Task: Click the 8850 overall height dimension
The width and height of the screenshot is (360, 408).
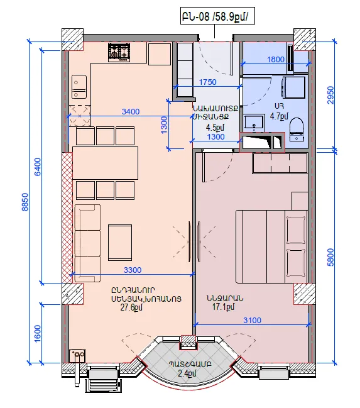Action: pyautogui.click(x=25, y=202)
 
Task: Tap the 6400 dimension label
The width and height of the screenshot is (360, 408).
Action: pyautogui.click(x=38, y=167)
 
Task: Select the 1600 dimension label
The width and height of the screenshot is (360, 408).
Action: pyautogui.click(x=38, y=334)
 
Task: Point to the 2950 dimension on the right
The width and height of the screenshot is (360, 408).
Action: pyautogui.click(x=330, y=95)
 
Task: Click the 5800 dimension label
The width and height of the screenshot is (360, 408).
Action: pyautogui.click(x=330, y=257)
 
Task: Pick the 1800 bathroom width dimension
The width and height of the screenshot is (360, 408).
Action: pyautogui.click(x=275, y=60)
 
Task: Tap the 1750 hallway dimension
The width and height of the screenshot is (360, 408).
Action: pyautogui.click(x=207, y=82)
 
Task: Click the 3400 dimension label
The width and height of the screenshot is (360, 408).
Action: pyautogui.click(x=131, y=112)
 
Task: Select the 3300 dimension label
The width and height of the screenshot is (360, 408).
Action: pyautogui.click(x=133, y=270)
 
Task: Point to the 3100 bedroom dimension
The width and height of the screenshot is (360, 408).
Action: pyautogui.click(x=252, y=321)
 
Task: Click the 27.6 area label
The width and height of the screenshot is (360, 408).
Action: pyautogui.click(x=131, y=307)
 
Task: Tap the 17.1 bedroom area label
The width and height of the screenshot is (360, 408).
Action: pyautogui.click(x=224, y=307)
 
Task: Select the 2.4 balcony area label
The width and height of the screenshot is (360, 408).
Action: pyautogui.click(x=187, y=373)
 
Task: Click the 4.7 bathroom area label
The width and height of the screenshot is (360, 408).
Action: pyautogui.click(x=279, y=116)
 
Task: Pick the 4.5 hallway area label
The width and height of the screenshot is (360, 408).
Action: pyautogui.click(x=215, y=128)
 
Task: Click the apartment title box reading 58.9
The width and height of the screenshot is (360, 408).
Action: pyautogui.click(x=217, y=17)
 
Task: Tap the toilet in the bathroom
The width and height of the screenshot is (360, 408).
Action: pyautogui.click(x=297, y=130)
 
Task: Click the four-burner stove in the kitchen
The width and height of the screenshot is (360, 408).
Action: pyautogui.click(x=119, y=52)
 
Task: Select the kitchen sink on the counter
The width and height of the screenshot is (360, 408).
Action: pyautogui.click(x=79, y=87)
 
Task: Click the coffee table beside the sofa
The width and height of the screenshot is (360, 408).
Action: pyautogui.click(x=120, y=243)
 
